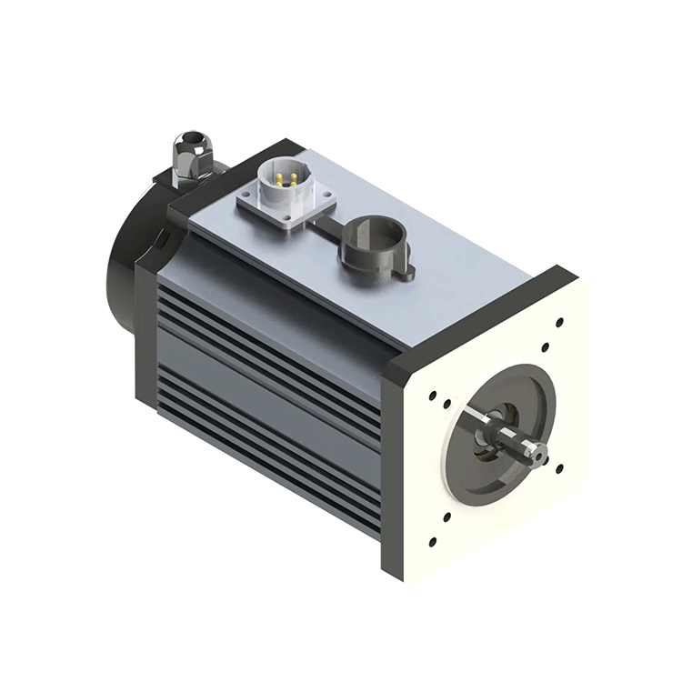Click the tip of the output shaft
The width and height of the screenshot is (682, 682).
[x=538, y=452]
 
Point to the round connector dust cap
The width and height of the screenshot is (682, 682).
[x=374, y=242]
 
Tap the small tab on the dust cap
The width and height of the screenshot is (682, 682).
[x=409, y=270]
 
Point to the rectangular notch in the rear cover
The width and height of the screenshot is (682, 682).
[x=161, y=236]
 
